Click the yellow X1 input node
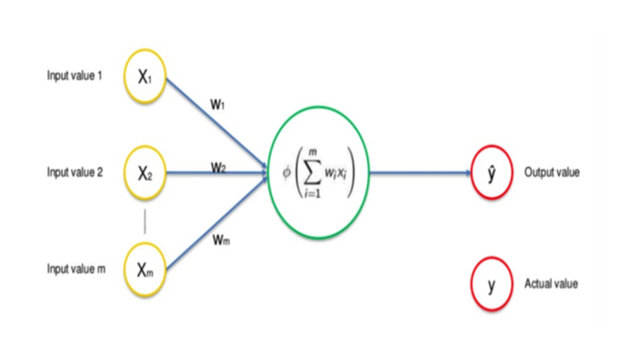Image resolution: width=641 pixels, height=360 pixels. pyautogui.click(x=145, y=76)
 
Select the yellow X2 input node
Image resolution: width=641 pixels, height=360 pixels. pyautogui.click(x=145, y=173)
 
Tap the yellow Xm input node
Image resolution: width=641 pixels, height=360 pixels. pyautogui.click(x=145, y=269)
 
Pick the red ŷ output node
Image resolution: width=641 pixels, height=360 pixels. pyautogui.click(x=492, y=172)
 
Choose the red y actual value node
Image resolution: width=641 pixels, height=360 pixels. pyautogui.click(x=492, y=283)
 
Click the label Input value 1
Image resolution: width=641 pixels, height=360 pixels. pyautogui.click(x=74, y=76)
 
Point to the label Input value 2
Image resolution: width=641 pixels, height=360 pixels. pyautogui.click(x=75, y=172)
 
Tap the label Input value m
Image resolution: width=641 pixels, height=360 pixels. pyautogui.click(x=76, y=268)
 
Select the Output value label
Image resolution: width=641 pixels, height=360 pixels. pyautogui.click(x=552, y=173)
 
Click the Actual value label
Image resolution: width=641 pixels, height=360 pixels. pyautogui.click(x=551, y=283)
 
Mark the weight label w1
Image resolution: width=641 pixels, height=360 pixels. pyautogui.click(x=218, y=105)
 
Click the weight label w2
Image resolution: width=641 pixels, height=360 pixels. pyautogui.click(x=218, y=167)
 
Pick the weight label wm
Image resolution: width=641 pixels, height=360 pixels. pyautogui.click(x=221, y=239)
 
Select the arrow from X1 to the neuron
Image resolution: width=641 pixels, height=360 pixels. pyautogui.click(x=217, y=123)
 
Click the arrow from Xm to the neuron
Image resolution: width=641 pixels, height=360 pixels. pyautogui.click(x=217, y=223)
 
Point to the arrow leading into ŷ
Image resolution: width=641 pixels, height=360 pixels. pyautogui.click(x=420, y=173)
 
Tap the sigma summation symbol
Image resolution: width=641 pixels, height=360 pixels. pyautogui.click(x=312, y=174)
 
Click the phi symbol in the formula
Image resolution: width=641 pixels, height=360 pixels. pyautogui.click(x=287, y=173)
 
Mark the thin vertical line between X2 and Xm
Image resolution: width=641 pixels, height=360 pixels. pyautogui.click(x=145, y=222)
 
